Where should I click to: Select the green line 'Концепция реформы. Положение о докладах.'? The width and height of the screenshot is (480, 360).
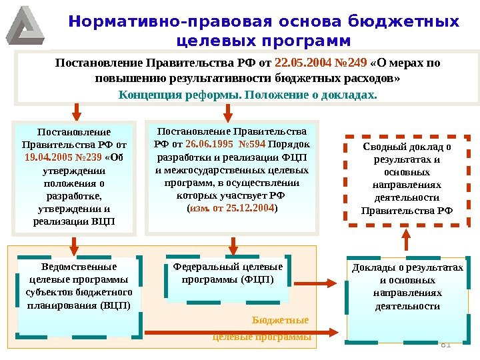click(247, 94)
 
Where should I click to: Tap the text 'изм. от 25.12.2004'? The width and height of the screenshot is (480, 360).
click(231, 208)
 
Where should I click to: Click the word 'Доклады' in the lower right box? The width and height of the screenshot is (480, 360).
click(371, 267)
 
